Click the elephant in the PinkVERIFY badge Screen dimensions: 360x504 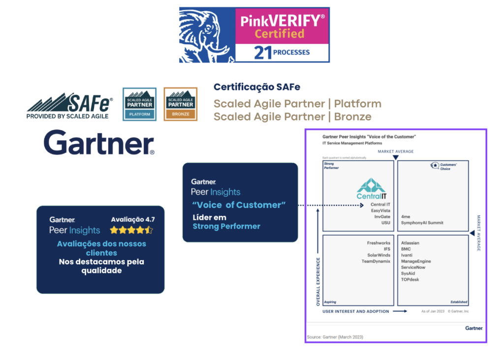[x=207, y=34]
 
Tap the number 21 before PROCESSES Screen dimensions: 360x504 [x=263, y=53]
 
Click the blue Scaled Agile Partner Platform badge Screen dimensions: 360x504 [x=139, y=104]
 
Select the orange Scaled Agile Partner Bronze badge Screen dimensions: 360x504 [x=181, y=104]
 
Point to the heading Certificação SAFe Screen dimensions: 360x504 [x=257, y=87]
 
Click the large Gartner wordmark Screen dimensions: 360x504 [x=99, y=143]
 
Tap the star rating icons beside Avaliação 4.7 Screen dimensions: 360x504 [x=131, y=230]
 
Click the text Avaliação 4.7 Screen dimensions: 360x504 [x=133, y=219]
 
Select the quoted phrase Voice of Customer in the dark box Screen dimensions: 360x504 [x=239, y=205]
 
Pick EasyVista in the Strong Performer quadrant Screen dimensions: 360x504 [x=380, y=210]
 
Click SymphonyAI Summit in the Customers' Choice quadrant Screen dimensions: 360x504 [x=422, y=223]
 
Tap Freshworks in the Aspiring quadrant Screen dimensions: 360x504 [x=378, y=243]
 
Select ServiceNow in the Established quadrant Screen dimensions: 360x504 [x=413, y=268]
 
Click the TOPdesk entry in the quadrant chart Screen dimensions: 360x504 [x=410, y=279]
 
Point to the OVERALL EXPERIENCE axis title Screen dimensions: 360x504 [x=318, y=281]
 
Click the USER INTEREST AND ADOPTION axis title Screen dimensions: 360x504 [x=355, y=311]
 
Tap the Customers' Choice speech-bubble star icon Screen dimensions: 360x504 [x=435, y=166]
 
